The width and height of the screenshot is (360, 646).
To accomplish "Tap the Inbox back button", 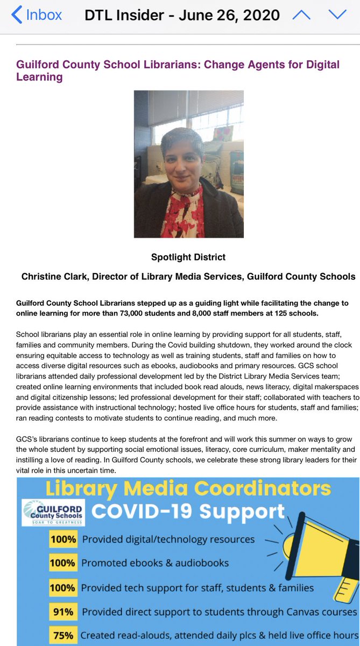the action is tap(37, 15).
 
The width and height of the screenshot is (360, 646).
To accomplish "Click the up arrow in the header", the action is tap(301, 15).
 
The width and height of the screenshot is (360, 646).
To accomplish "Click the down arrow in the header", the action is tap(338, 15).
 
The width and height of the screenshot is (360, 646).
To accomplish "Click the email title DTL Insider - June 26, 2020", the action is tap(182, 15).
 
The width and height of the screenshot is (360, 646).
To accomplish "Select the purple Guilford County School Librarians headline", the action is tap(178, 71).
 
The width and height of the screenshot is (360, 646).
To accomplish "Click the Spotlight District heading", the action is tap(188, 257).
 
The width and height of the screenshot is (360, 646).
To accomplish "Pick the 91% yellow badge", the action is tap(63, 612).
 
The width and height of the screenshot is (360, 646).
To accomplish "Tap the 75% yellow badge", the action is tap(63, 635).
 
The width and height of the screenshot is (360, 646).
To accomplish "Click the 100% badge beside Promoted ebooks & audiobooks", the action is tap(63, 563).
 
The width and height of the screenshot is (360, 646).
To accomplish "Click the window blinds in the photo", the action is tap(178, 108).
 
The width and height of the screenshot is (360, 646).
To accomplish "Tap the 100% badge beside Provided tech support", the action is tap(63, 588).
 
